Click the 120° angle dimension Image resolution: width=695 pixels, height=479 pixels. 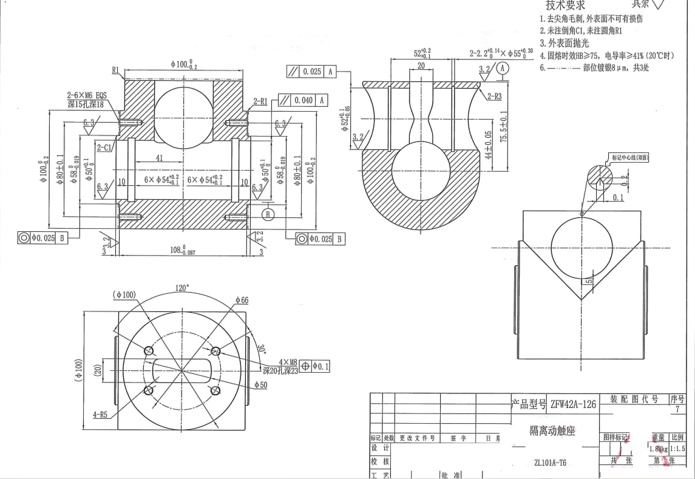pos(182,287)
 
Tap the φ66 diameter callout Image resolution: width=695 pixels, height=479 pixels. pos(242,300)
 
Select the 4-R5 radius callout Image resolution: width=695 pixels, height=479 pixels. pos(101,415)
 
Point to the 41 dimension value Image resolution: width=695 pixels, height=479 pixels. pos(159,157)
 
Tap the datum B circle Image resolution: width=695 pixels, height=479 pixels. pos(269,213)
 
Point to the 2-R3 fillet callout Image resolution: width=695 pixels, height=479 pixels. pos(493,95)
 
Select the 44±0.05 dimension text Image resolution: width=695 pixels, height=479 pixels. pos(489,144)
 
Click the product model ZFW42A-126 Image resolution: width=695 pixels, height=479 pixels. pos(573,404)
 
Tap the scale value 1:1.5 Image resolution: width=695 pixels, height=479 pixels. pos(677,449)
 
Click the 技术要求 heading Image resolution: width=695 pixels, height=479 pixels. pos(565,5)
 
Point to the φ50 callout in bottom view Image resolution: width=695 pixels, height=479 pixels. pos(260,384)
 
